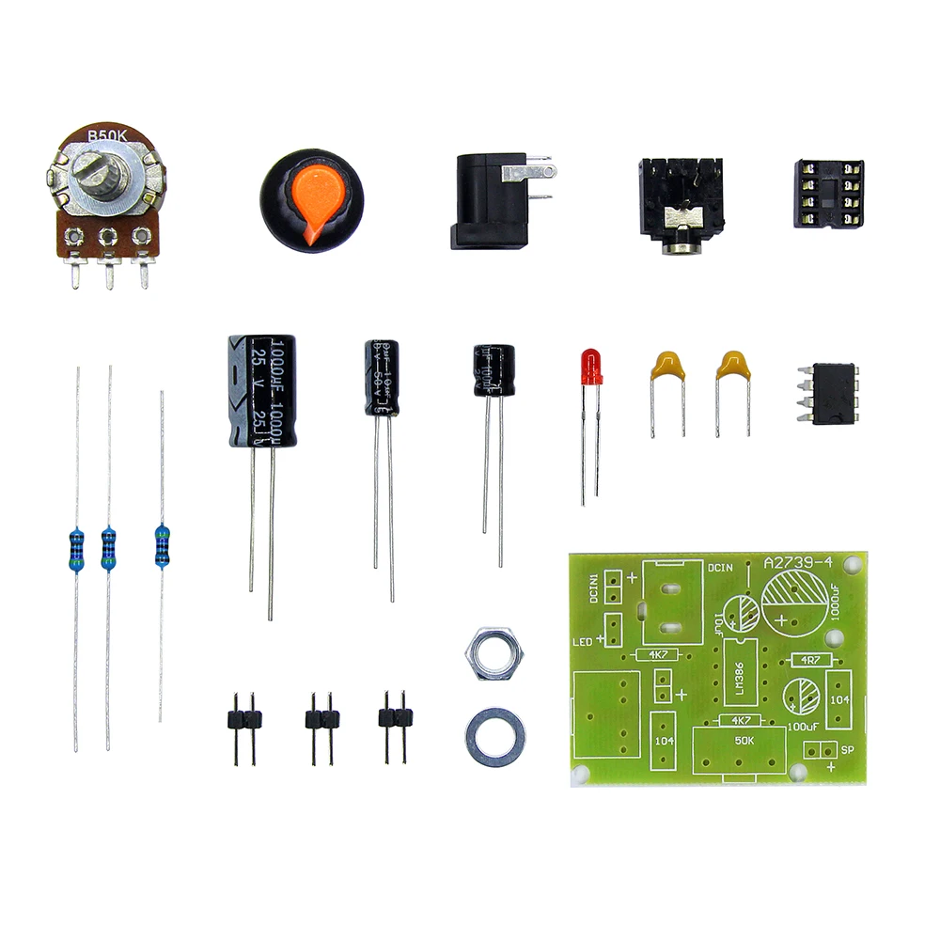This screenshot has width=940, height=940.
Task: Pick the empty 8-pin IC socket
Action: (828, 196)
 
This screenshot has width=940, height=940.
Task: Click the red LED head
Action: (591, 367)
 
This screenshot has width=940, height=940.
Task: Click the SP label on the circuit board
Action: (844, 750)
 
